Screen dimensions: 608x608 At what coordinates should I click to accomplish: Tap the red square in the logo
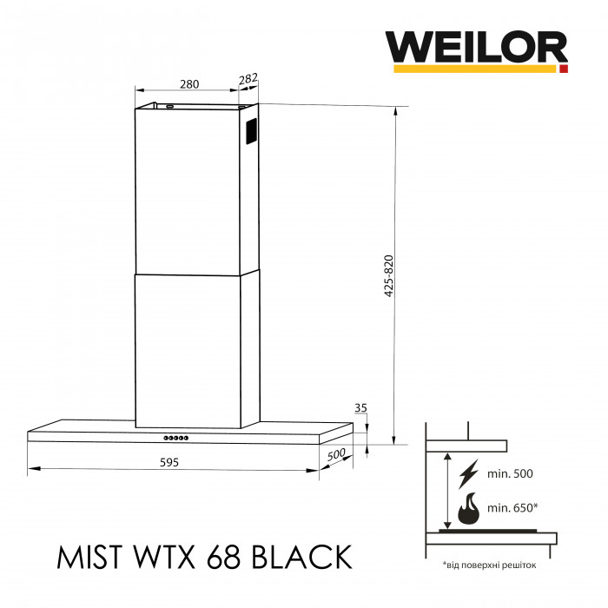(x=563, y=67)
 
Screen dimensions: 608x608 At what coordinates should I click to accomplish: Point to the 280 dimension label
(x=189, y=84)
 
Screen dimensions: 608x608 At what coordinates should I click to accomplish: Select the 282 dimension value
(x=248, y=79)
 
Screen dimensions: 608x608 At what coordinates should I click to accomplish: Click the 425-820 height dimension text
(x=387, y=276)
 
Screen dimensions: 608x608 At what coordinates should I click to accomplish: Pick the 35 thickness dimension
(x=361, y=407)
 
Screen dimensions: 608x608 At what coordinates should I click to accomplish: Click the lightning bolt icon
(x=468, y=473)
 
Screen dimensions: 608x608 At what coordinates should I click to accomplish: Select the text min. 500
(x=510, y=474)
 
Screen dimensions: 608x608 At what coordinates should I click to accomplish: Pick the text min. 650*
(x=513, y=506)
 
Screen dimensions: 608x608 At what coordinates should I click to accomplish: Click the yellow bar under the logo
(x=476, y=67)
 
